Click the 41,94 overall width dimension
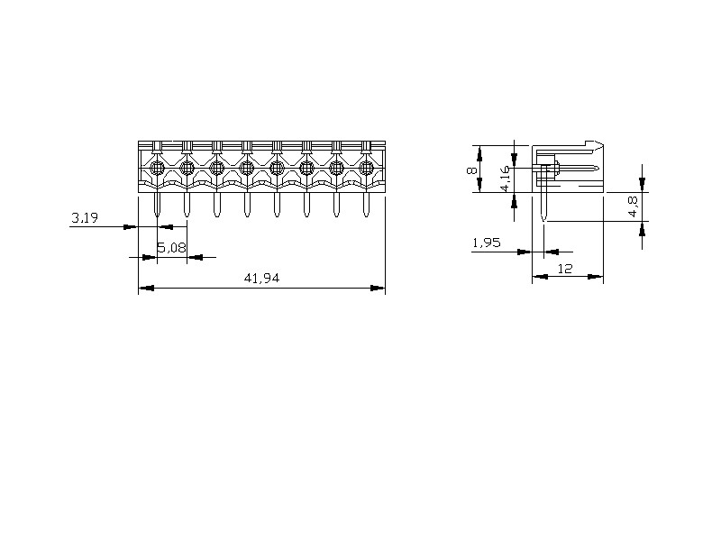(261, 279)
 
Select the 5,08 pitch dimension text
(172, 248)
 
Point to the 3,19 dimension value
(85, 217)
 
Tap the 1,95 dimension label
(487, 243)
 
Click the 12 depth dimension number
(565, 269)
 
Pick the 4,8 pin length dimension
(634, 206)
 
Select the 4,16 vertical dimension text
(505, 179)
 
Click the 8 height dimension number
(470, 170)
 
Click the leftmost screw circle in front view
(157, 168)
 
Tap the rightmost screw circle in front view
(366, 168)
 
